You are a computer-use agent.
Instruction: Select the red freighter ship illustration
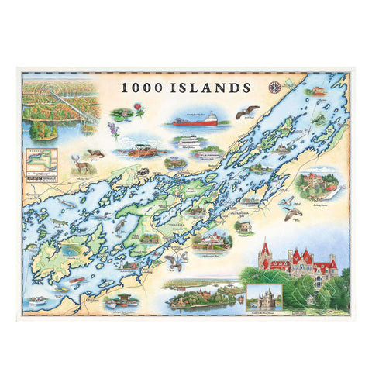click(x=194, y=120)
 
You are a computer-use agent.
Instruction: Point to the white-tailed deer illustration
click(x=79, y=165)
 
